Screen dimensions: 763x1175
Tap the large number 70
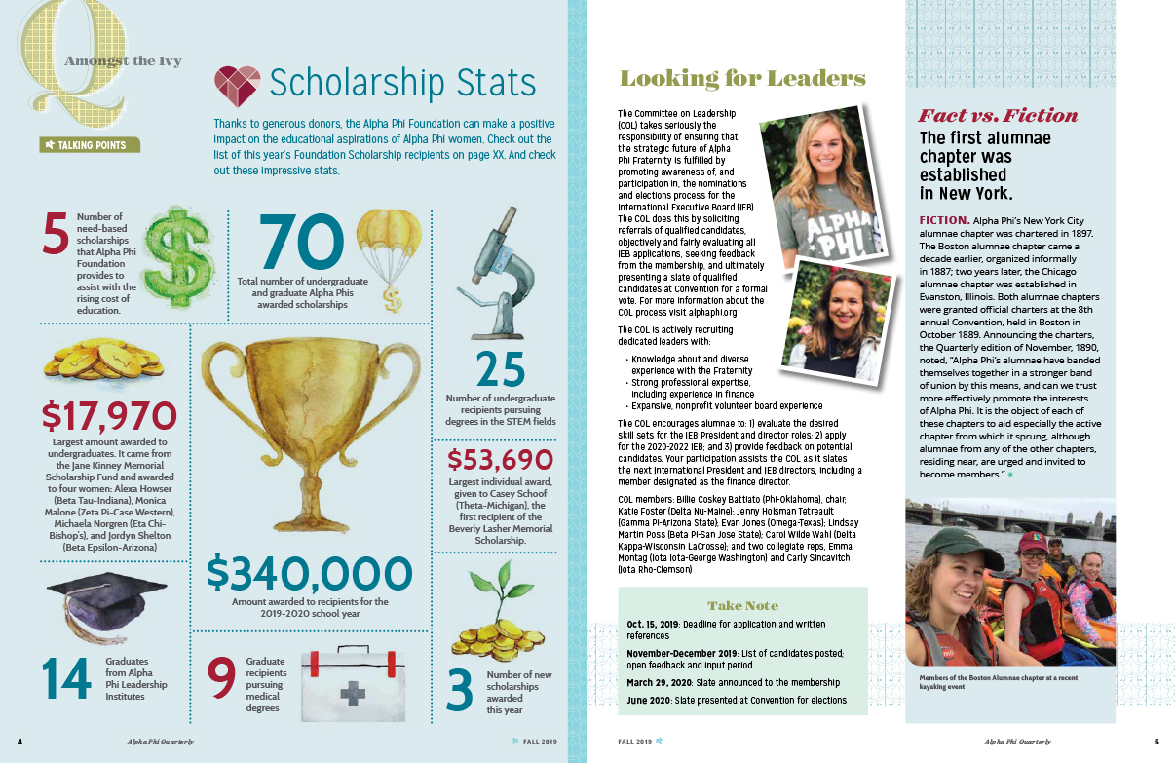click(301, 243)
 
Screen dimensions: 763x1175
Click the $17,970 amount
click(109, 418)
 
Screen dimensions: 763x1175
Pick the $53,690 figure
click(500, 459)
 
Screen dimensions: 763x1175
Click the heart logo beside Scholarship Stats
click(238, 84)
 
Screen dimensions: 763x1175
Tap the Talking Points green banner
click(91, 145)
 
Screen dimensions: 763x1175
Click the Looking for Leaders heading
click(742, 79)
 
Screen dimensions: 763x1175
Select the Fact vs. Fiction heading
click(999, 115)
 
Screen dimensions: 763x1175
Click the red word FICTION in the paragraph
click(942, 220)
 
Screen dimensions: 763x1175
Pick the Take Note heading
click(740, 604)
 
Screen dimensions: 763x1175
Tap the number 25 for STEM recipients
click(500, 370)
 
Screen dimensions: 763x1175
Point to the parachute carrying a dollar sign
click(389, 257)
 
